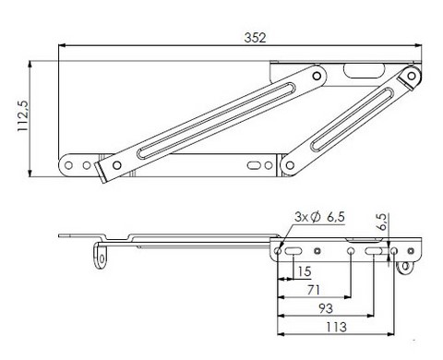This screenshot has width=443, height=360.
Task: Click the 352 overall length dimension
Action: pyautogui.click(x=255, y=38)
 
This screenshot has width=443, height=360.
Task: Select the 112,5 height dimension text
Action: pyautogui.click(x=23, y=116)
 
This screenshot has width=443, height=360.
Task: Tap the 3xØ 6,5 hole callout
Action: pyautogui.click(x=319, y=217)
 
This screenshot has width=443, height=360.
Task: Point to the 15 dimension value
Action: pyautogui.click(x=305, y=271)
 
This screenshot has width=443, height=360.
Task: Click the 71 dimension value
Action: pyautogui.click(x=314, y=290)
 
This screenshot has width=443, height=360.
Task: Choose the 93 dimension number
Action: pyautogui.click(x=326, y=308)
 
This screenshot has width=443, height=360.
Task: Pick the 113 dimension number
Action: pyautogui.click(x=336, y=327)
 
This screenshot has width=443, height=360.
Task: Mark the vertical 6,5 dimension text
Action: pyautogui.click(x=382, y=222)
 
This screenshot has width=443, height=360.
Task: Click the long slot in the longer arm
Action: pyautogui.click(x=216, y=121)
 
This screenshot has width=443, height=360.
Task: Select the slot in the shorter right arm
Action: pyautogui.click(x=353, y=120)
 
